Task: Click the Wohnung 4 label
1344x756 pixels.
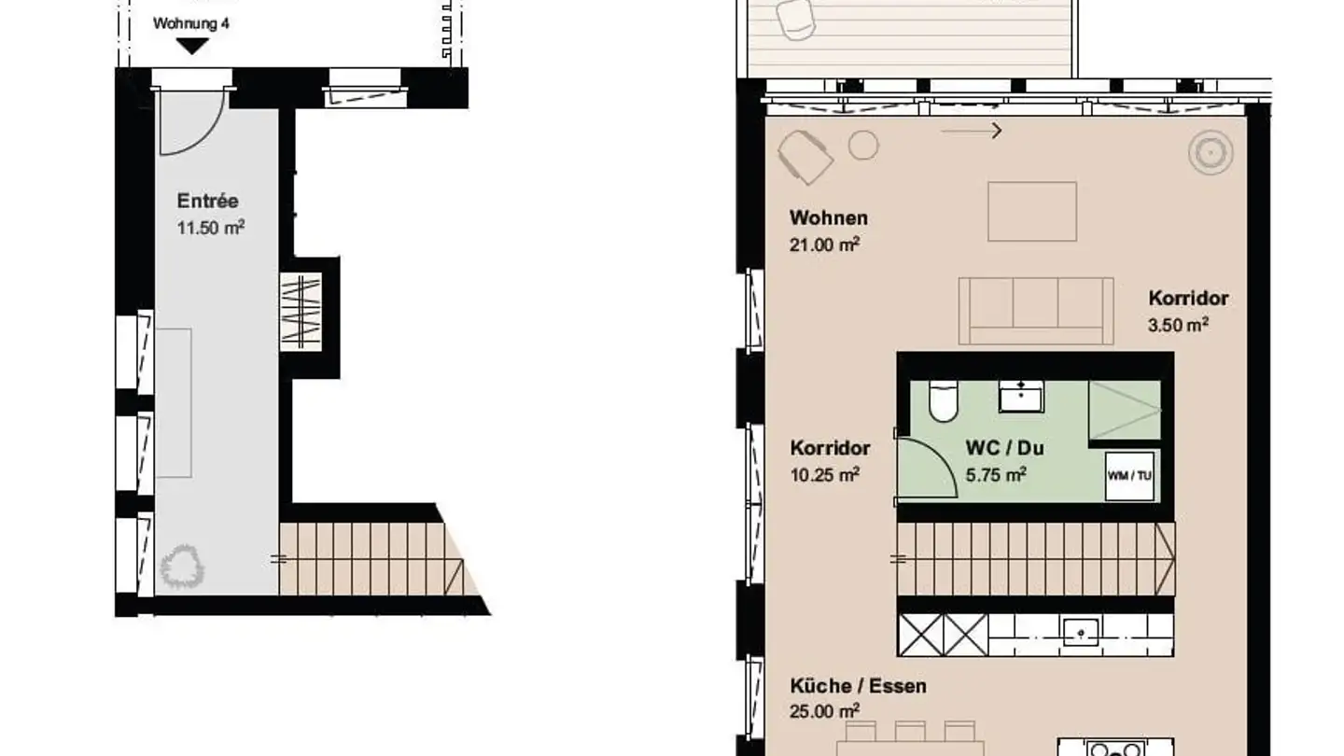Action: click(x=190, y=23)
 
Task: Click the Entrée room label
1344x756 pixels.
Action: click(x=208, y=201)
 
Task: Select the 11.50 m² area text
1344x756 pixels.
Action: click(x=211, y=227)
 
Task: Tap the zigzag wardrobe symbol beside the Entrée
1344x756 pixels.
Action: click(x=301, y=312)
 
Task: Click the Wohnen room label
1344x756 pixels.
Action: click(x=828, y=218)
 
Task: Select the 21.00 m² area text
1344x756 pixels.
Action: click(x=824, y=245)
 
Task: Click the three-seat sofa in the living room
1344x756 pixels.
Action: click(x=1035, y=311)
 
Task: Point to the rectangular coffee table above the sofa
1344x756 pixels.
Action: click(x=1031, y=212)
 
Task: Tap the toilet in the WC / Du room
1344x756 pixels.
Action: click(x=943, y=401)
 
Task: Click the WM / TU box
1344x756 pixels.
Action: click(x=1129, y=475)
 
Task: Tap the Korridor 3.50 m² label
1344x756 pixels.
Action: click(x=1187, y=299)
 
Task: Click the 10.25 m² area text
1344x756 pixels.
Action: click(x=824, y=474)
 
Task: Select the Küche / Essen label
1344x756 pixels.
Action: click(x=858, y=686)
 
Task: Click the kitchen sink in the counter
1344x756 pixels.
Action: click(x=1080, y=631)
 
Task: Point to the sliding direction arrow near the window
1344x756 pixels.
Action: click(x=972, y=132)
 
